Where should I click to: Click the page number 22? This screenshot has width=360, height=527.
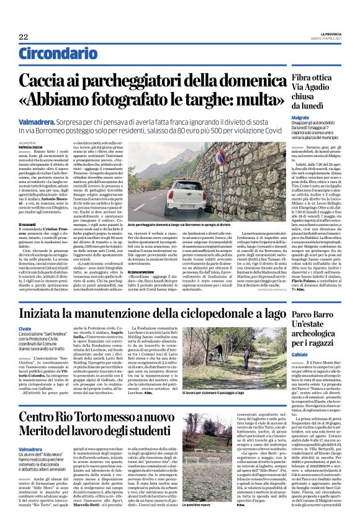coord(24,37)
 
